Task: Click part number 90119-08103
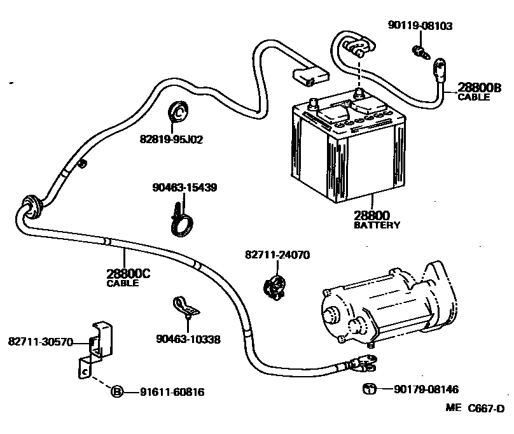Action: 420,25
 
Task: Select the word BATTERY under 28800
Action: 377,225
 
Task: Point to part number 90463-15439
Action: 185,188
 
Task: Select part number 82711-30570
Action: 41,342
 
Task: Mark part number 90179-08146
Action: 426,389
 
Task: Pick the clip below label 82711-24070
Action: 274,288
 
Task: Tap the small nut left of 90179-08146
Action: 368,388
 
